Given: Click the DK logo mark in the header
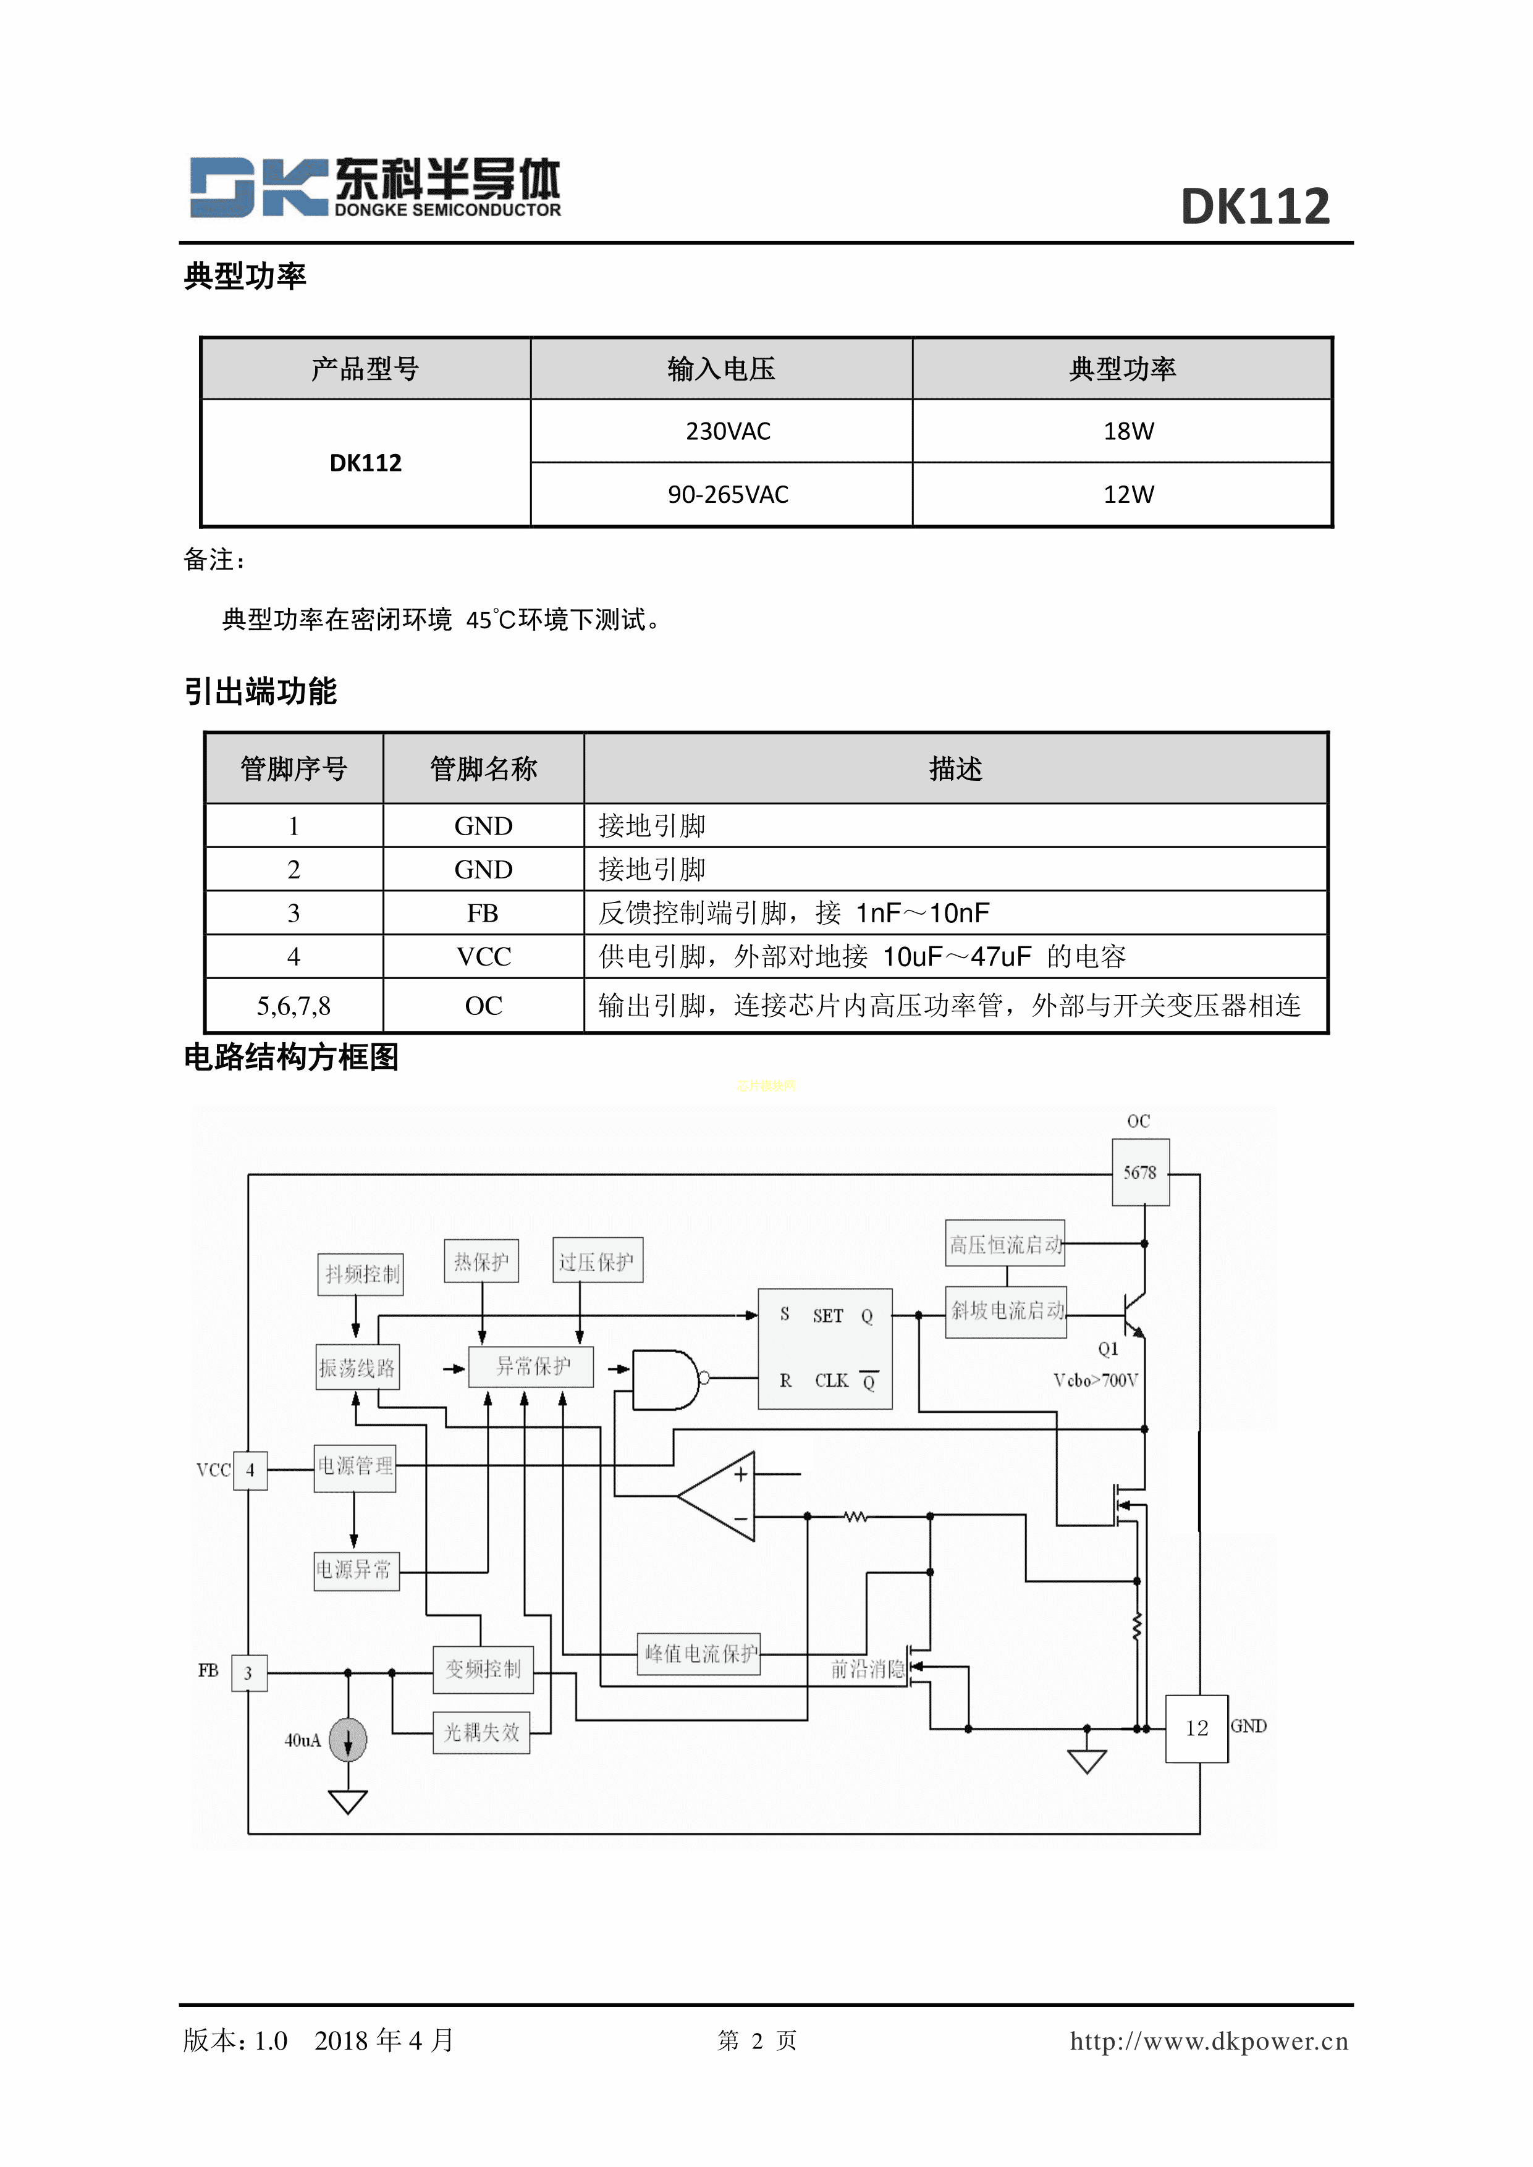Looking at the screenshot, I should pos(258,187).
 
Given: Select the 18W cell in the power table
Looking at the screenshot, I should pos(1128,431).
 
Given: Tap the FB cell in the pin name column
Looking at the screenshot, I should pos(483,912).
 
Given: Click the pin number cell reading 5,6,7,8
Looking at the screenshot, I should pos(294,1006).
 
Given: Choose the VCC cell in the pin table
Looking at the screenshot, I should pos(483,957).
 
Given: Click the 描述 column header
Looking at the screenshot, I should pos(955,769).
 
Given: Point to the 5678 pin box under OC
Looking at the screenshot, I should pos(1140,1172).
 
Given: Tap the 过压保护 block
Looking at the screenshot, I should pos(597,1261).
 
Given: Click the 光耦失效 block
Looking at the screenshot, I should pos(481,1732).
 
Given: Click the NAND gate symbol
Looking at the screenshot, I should pos(667,1379).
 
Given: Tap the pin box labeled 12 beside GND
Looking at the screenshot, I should pos(1196,1728).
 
